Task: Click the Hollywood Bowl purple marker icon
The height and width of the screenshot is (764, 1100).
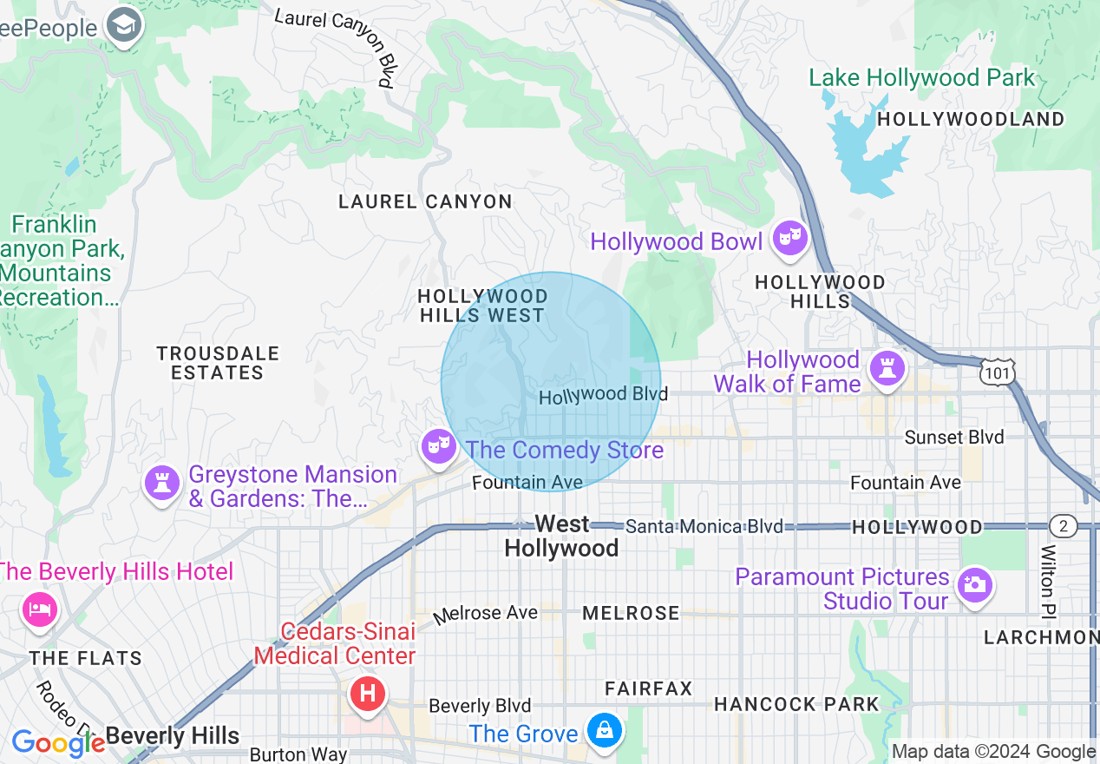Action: (790, 237)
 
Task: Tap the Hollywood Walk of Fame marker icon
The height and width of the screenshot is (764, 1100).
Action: (887, 367)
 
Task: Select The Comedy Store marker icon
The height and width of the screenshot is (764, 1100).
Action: (439, 447)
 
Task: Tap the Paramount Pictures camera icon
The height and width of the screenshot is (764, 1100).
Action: (975, 585)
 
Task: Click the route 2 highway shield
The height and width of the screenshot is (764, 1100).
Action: (1063, 526)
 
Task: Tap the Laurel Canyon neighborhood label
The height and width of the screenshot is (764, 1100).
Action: (425, 202)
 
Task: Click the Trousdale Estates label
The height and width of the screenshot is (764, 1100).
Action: (218, 363)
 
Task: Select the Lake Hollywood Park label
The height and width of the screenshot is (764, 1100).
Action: (922, 78)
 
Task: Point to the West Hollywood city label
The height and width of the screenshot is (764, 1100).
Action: (561, 536)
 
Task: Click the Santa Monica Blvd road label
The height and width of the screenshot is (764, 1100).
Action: (704, 526)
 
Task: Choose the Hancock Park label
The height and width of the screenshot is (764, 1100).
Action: (796, 704)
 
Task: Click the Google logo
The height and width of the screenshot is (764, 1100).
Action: (57, 742)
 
